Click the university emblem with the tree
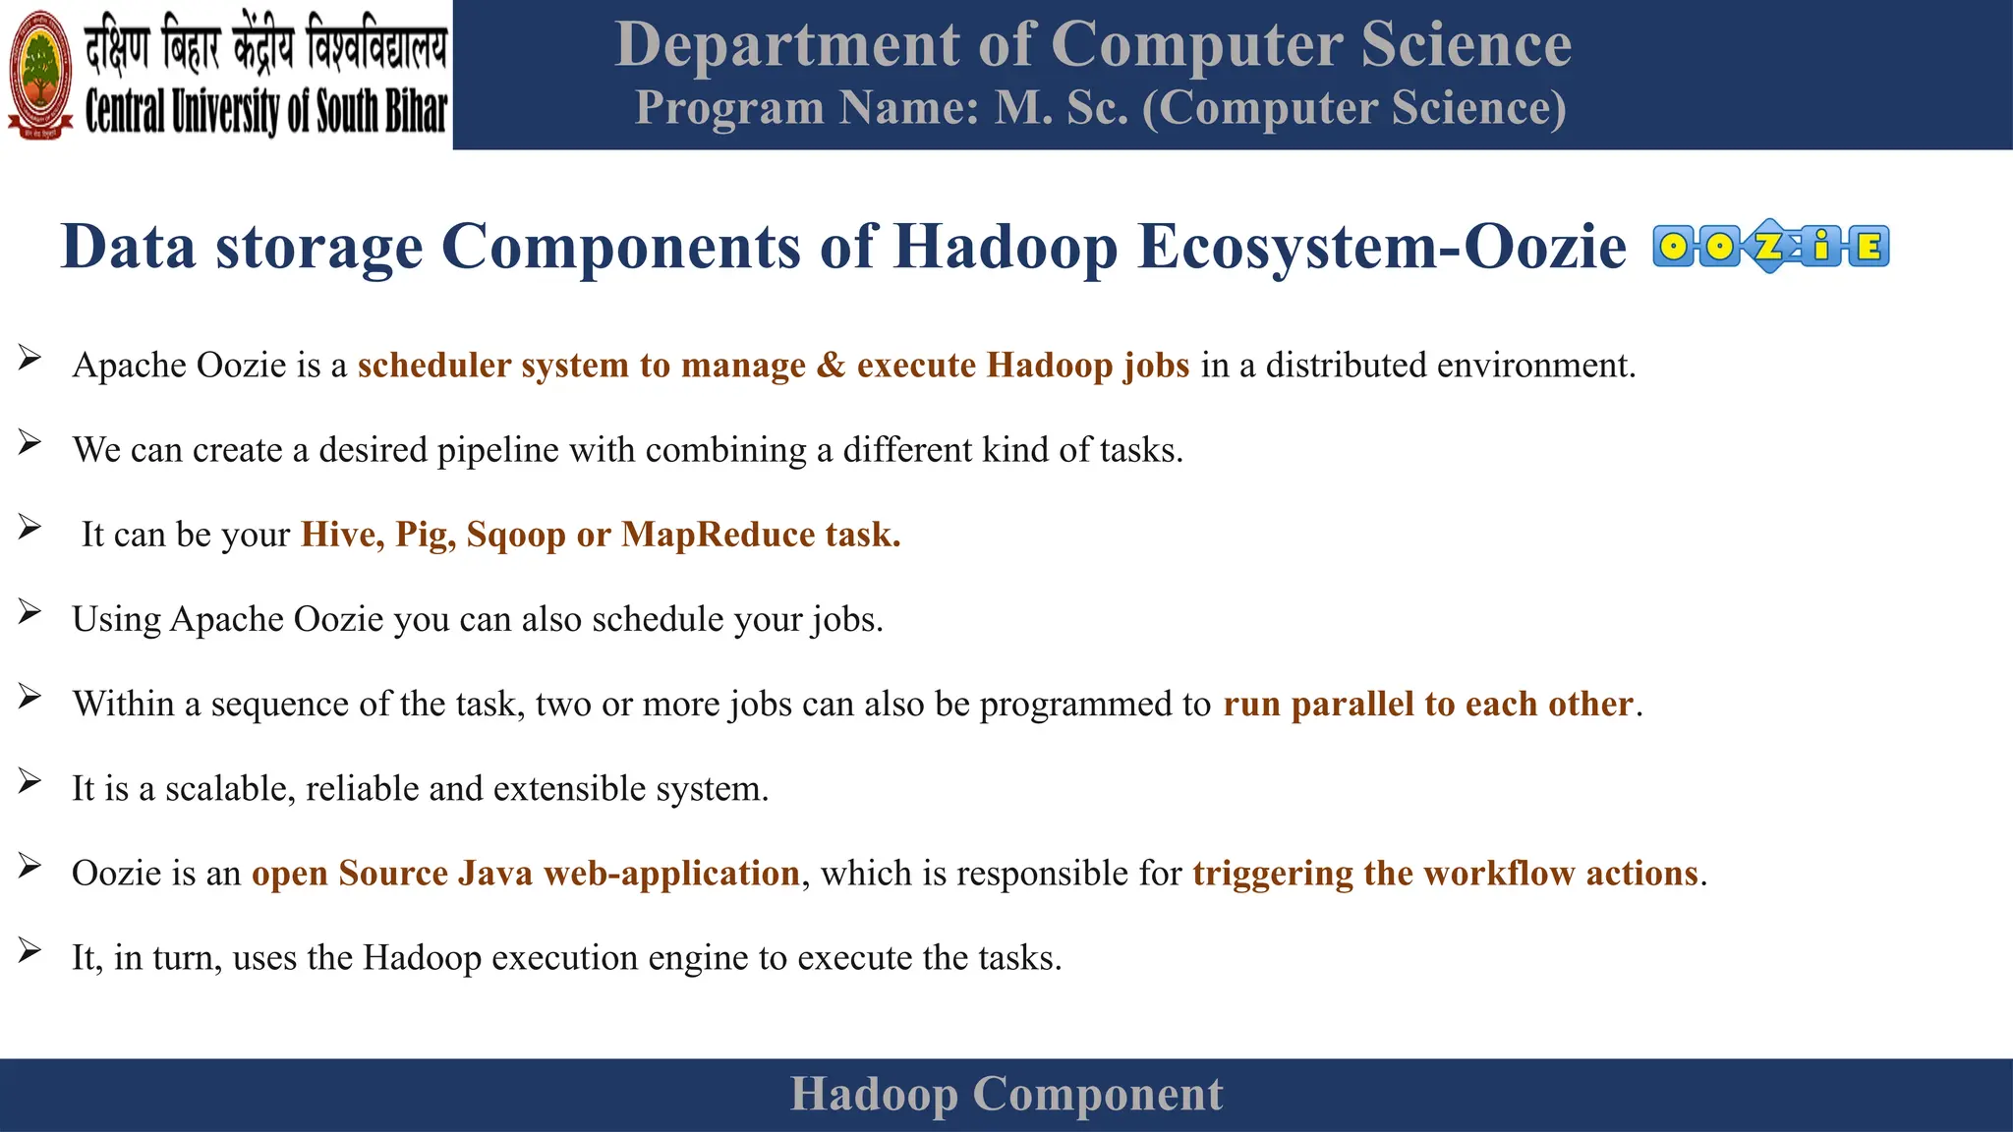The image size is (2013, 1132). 40,75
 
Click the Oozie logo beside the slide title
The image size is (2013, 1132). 1770,246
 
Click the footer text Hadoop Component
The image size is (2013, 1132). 1006,1094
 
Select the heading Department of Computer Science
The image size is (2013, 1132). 1093,45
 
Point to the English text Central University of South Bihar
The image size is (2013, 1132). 265,112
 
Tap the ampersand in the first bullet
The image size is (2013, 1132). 831,366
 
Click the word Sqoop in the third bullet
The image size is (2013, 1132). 516,536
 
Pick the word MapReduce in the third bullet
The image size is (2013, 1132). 719,535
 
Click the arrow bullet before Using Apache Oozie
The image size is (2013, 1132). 29,612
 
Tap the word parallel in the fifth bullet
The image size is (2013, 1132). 1352,705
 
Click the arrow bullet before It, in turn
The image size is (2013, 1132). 29,950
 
